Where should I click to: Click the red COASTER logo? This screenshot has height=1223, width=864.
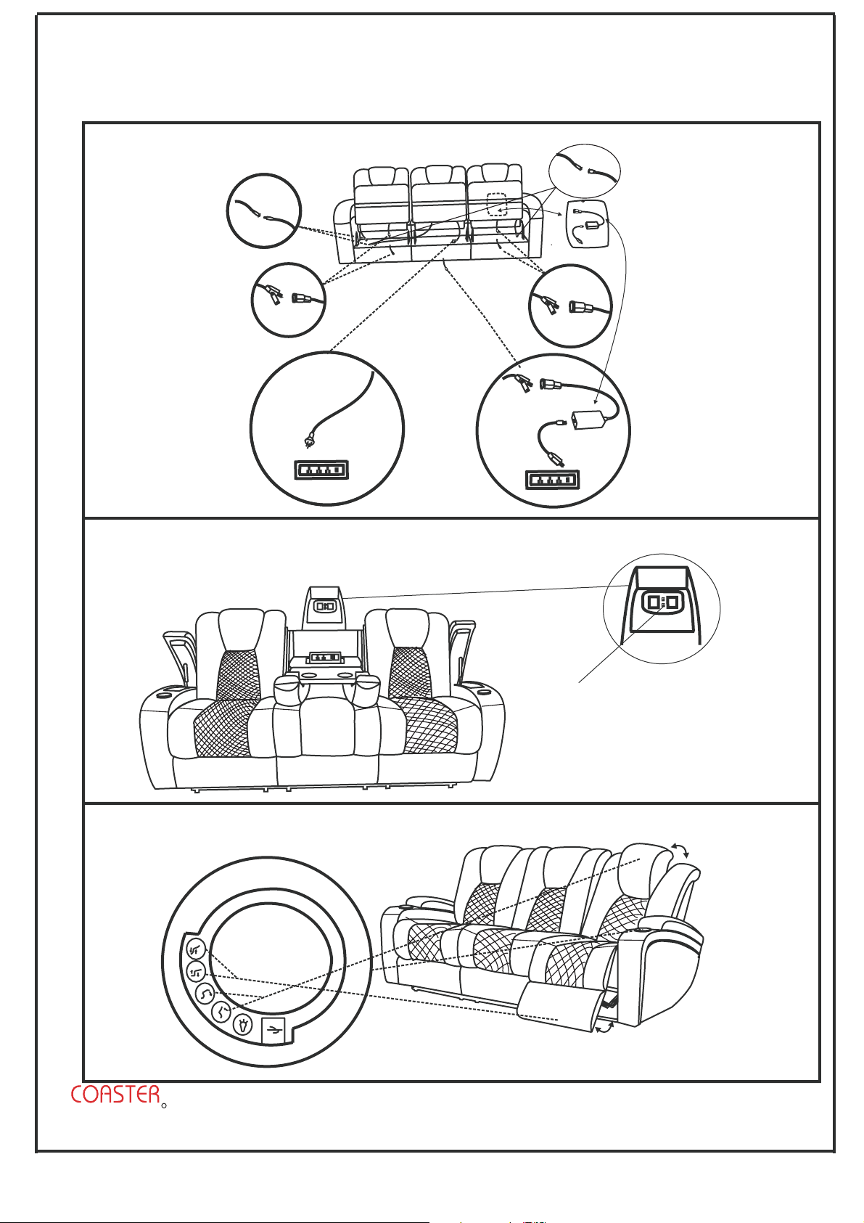point(115,1095)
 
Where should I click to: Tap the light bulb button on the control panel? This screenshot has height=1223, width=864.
point(243,1025)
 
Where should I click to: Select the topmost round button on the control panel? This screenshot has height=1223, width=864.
point(194,948)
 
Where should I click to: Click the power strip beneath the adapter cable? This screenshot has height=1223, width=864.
point(552,480)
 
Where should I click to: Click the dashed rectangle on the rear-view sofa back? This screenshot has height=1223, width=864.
point(496,205)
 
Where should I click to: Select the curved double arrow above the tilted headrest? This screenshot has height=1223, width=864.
point(680,851)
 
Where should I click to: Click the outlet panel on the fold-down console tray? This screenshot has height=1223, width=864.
point(325,658)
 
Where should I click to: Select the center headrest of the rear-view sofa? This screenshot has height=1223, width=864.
point(438,176)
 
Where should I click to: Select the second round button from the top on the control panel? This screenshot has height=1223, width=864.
point(196,973)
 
